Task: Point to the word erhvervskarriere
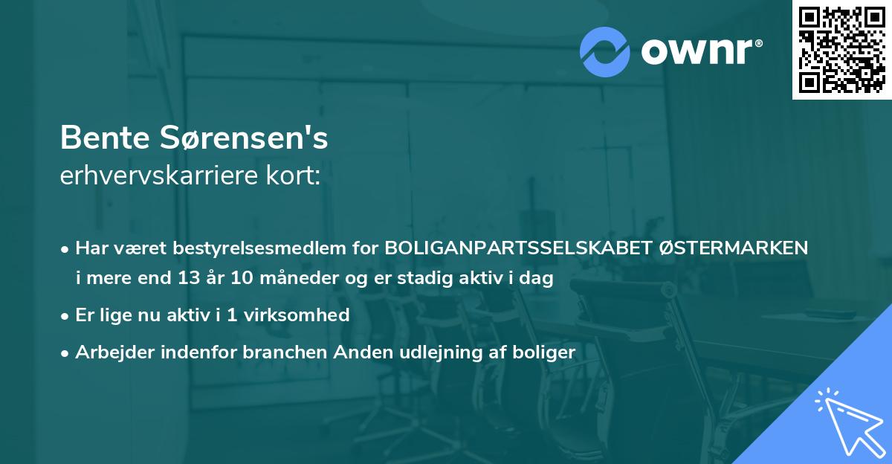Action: [x=161, y=176]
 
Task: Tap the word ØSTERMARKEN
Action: [x=733, y=248]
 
